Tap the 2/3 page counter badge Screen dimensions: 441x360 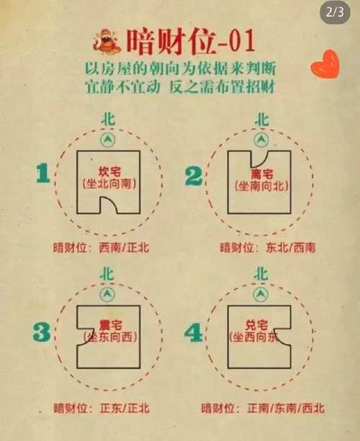[336, 12]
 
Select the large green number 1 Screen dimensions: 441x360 [42, 175]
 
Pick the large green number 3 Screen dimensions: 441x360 [42, 331]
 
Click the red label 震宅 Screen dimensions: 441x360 [108, 327]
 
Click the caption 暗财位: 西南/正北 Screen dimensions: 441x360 [101, 246]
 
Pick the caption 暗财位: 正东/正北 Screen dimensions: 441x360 [101, 409]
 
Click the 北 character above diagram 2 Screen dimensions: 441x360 [261, 119]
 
